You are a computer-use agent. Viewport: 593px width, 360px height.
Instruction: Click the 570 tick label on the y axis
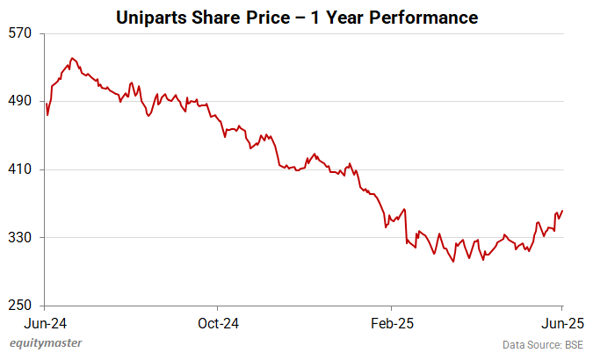20,33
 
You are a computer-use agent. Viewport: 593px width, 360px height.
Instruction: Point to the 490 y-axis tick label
20,101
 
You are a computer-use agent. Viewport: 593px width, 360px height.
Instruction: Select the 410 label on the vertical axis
20,169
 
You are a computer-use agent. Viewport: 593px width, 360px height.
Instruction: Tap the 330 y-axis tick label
20,238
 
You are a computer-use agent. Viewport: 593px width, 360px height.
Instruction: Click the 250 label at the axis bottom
20,306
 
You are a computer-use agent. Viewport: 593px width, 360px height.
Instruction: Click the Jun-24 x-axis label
46,321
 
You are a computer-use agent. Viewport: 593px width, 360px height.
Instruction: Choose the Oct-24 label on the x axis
218,321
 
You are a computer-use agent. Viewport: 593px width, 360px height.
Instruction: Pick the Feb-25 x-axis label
391,321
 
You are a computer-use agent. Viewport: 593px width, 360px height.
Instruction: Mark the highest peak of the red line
72,58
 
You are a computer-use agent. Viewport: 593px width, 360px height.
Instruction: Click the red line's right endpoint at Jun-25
562,211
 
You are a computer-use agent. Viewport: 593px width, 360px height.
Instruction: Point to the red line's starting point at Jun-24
46,104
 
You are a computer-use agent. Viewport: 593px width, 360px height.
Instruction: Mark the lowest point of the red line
453,262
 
